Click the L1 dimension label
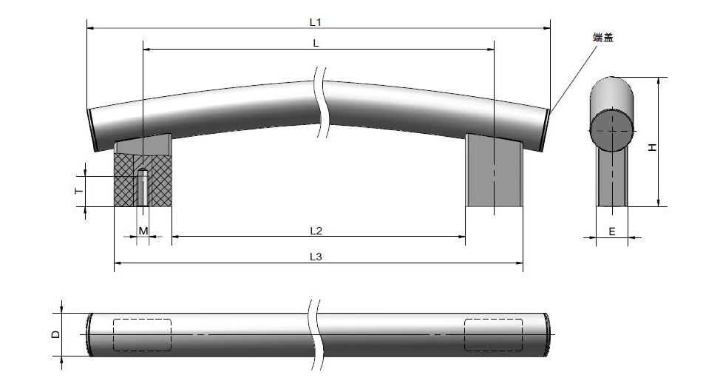315,22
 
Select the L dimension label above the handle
316,43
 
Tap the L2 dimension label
316,231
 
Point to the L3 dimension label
316,257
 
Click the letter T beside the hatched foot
79,191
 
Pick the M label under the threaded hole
143,231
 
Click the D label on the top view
55,334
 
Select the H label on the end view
653,147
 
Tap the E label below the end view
612,232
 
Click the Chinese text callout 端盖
602,38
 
